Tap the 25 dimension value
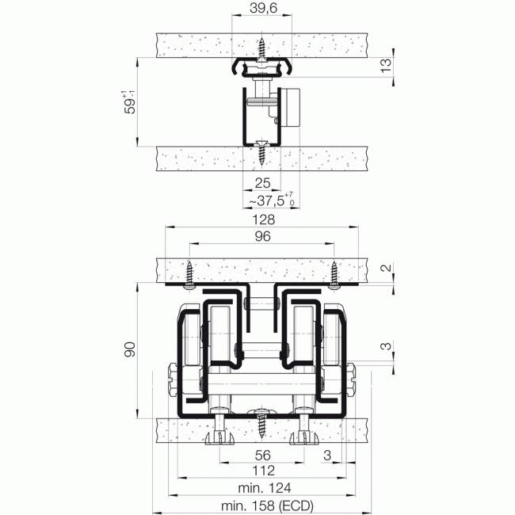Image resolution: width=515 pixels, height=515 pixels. click(263, 183)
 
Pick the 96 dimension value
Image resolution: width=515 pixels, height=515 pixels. click(262, 236)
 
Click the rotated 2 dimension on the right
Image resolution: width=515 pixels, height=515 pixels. click(386, 269)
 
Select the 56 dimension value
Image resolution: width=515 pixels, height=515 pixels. click(262, 455)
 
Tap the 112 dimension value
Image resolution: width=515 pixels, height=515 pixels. click(262, 471)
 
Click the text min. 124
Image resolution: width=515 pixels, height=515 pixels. click(262, 488)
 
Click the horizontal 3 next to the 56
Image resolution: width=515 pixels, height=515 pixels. click(326, 455)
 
